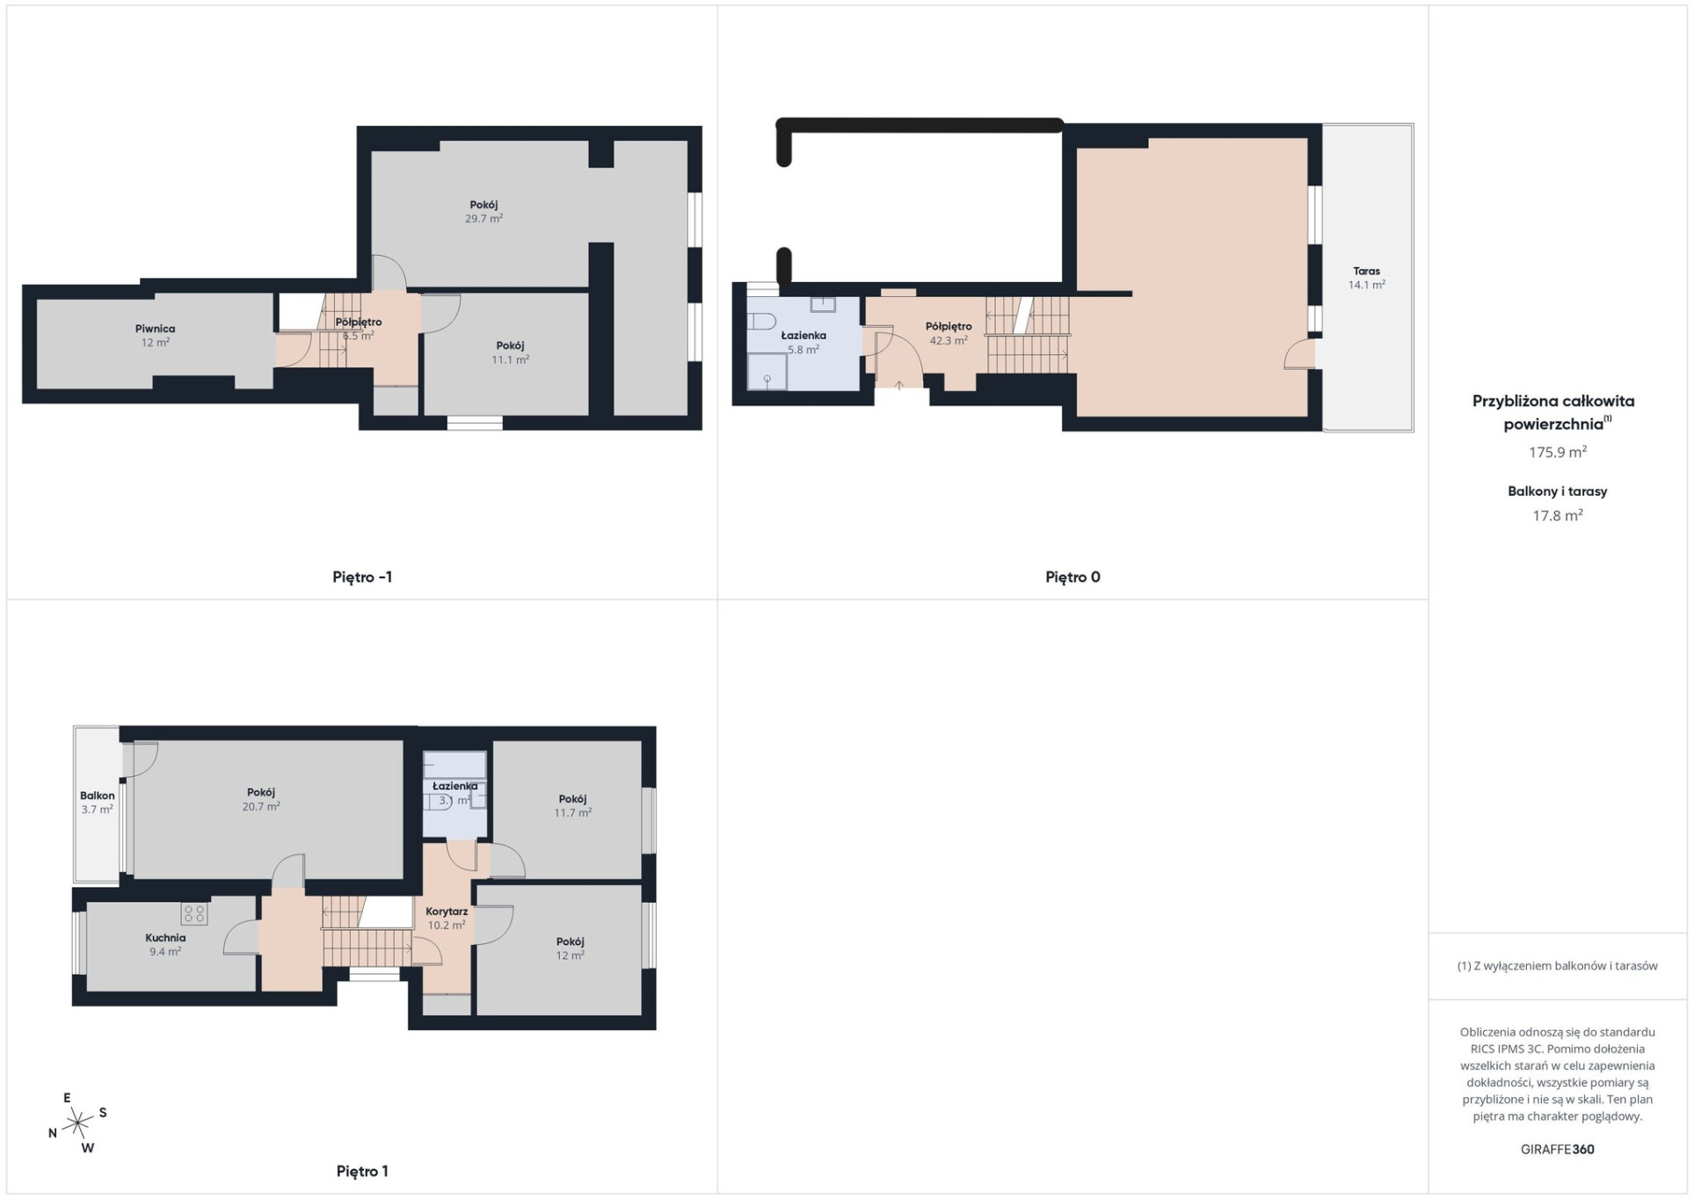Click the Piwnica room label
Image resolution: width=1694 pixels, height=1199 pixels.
click(155, 329)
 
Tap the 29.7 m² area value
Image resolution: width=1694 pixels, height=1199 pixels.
click(483, 219)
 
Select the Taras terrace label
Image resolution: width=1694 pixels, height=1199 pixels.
click(1366, 272)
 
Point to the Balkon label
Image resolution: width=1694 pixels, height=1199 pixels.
click(97, 796)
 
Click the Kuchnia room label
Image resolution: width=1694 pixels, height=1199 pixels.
click(165, 938)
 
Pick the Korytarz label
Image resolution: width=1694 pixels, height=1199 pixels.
click(447, 912)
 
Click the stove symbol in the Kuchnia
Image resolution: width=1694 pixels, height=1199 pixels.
click(194, 914)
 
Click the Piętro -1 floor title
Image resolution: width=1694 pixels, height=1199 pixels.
click(362, 578)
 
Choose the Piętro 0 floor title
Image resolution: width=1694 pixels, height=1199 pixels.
click(1072, 578)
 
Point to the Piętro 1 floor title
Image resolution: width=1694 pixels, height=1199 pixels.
click(362, 1171)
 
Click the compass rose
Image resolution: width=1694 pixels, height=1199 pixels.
click(77, 1123)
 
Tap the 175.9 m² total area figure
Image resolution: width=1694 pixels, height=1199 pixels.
click(1558, 453)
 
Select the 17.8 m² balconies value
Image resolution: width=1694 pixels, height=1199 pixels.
click(1558, 516)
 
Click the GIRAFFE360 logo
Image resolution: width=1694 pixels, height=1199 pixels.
click(1558, 1149)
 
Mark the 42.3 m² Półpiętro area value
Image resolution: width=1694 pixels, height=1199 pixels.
click(949, 341)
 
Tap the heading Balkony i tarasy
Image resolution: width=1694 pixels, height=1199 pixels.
click(1558, 491)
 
